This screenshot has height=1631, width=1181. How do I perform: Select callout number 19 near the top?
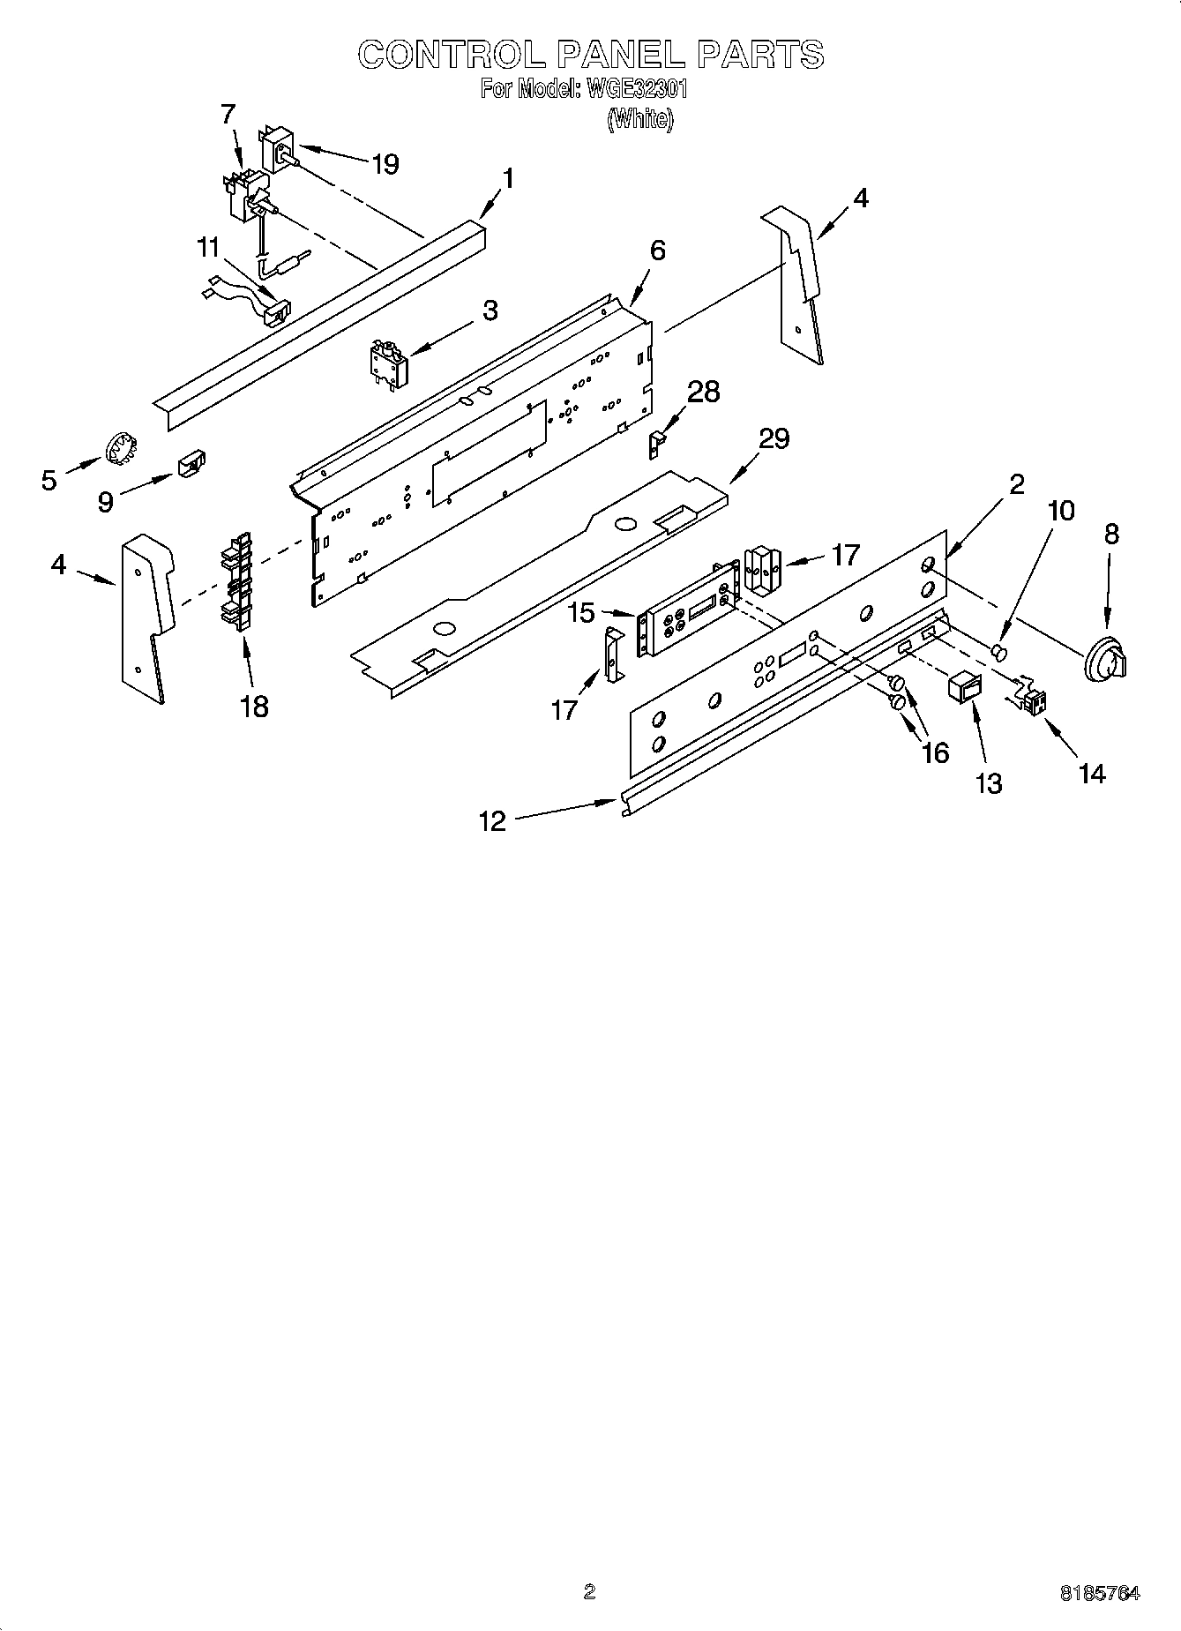pyautogui.click(x=385, y=164)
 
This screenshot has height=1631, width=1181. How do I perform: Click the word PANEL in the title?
pyautogui.click(x=621, y=55)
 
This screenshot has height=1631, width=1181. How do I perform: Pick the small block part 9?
pyautogui.click(x=191, y=462)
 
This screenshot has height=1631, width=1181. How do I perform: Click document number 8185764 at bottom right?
pyautogui.click(x=1099, y=1593)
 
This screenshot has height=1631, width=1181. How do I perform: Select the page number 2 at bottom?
pyautogui.click(x=589, y=1591)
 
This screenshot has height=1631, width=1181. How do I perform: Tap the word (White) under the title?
pyautogui.click(x=640, y=119)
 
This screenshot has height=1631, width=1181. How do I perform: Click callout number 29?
pyautogui.click(x=774, y=438)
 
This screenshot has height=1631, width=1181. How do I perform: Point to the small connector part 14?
pyautogui.click(x=1032, y=700)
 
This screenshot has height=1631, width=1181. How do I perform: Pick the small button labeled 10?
pyautogui.click(x=999, y=652)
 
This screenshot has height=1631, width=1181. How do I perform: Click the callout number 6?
pyautogui.click(x=657, y=251)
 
